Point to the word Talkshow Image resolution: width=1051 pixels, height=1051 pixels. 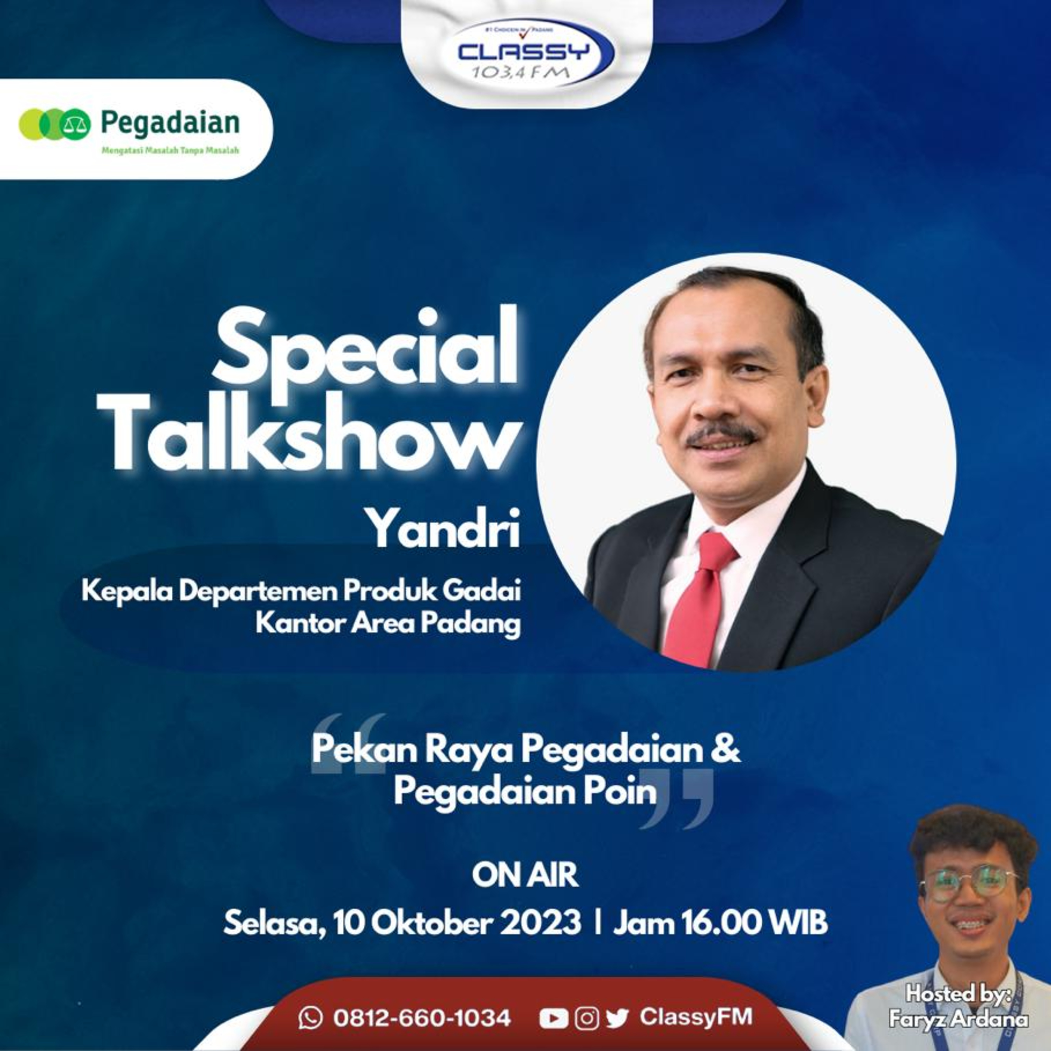pos(313,432)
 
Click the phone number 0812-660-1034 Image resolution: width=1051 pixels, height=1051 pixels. pos(422,1018)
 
